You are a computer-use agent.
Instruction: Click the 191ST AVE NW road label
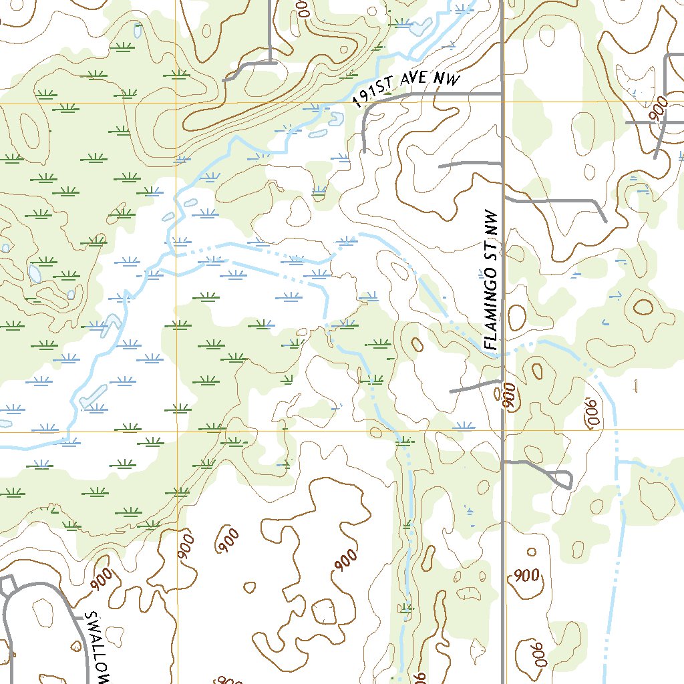pyautogui.click(x=407, y=90)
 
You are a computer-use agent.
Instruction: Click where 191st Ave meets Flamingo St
pyautogui.click(x=502, y=94)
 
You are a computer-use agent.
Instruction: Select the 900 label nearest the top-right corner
pyautogui.click(x=659, y=108)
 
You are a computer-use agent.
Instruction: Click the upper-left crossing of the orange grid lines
pyautogui.click(x=177, y=104)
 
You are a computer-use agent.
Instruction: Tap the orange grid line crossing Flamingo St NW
pyautogui.click(x=502, y=431)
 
